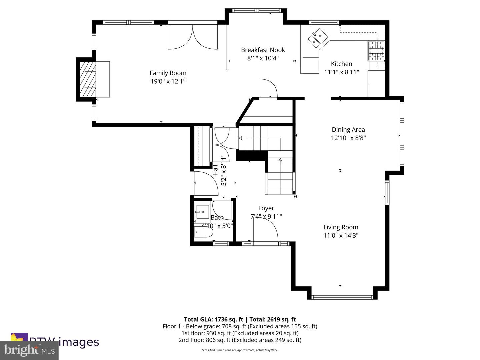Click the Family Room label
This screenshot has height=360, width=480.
pyautogui.click(x=168, y=73)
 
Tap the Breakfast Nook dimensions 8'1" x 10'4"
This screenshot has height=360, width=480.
pyautogui.click(x=263, y=58)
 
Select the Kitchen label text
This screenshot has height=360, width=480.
pyautogui.click(x=341, y=64)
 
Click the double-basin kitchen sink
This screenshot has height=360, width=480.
pyautogui.click(x=317, y=37)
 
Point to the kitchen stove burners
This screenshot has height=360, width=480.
pyautogui.click(x=376, y=51)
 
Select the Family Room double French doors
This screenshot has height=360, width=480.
pyautogui.click(x=193, y=37)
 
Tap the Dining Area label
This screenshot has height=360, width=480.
pyautogui.click(x=348, y=130)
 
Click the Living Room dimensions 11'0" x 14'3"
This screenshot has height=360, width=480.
pyautogui.click(x=341, y=236)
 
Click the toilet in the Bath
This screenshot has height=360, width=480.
pyautogui.click(x=203, y=232)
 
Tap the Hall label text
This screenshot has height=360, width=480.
pyautogui.click(x=215, y=170)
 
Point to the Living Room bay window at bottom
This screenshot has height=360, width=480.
pyautogui.click(x=342, y=297)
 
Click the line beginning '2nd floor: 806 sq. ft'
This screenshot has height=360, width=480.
pyautogui.click(x=240, y=340)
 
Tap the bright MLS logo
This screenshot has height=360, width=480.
pyautogui.click(x=29, y=350)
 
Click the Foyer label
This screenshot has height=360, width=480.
pyautogui.click(x=266, y=208)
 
